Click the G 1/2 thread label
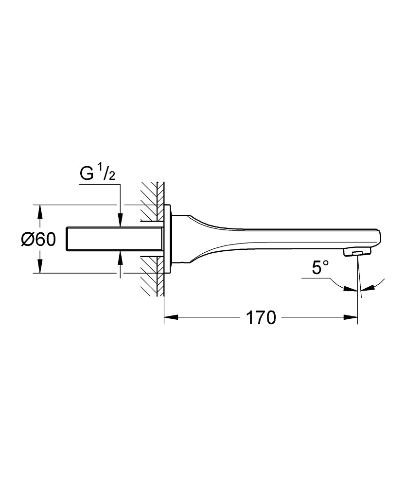[x=97, y=174]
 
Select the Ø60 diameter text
[x=39, y=239]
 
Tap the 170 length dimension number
[x=261, y=318]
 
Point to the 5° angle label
[x=320, y=267]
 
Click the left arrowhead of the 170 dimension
[x=170, y=318]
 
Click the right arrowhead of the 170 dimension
[x=352, y=318]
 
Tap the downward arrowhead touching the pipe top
[x=119, y=221]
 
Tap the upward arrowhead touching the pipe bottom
[x=119, y=257]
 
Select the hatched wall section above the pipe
[x=152, y=199]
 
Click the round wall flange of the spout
[x=168, y=239]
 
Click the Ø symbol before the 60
[x=28, y=239]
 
